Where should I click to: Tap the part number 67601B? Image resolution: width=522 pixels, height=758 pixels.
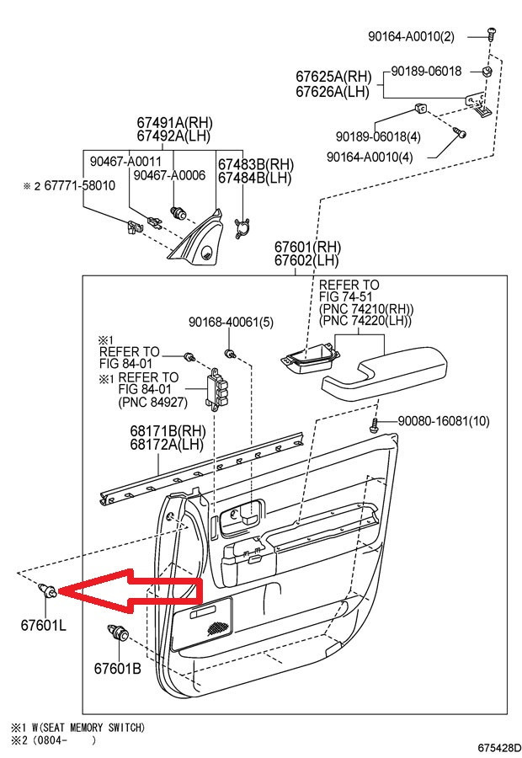(117, 668)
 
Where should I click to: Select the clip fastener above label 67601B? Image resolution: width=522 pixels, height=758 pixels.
(115, 634)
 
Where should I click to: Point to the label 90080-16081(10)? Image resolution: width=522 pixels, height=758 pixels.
(443, 420)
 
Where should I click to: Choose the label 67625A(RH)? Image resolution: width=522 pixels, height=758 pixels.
(333, 76)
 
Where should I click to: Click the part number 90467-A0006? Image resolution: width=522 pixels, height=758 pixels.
(169, 175)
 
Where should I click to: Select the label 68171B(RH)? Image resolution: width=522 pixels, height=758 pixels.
(167, 430)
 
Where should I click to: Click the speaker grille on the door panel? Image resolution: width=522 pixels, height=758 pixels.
(217, 624)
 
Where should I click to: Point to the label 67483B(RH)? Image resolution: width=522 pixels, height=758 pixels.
(255, 163)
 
